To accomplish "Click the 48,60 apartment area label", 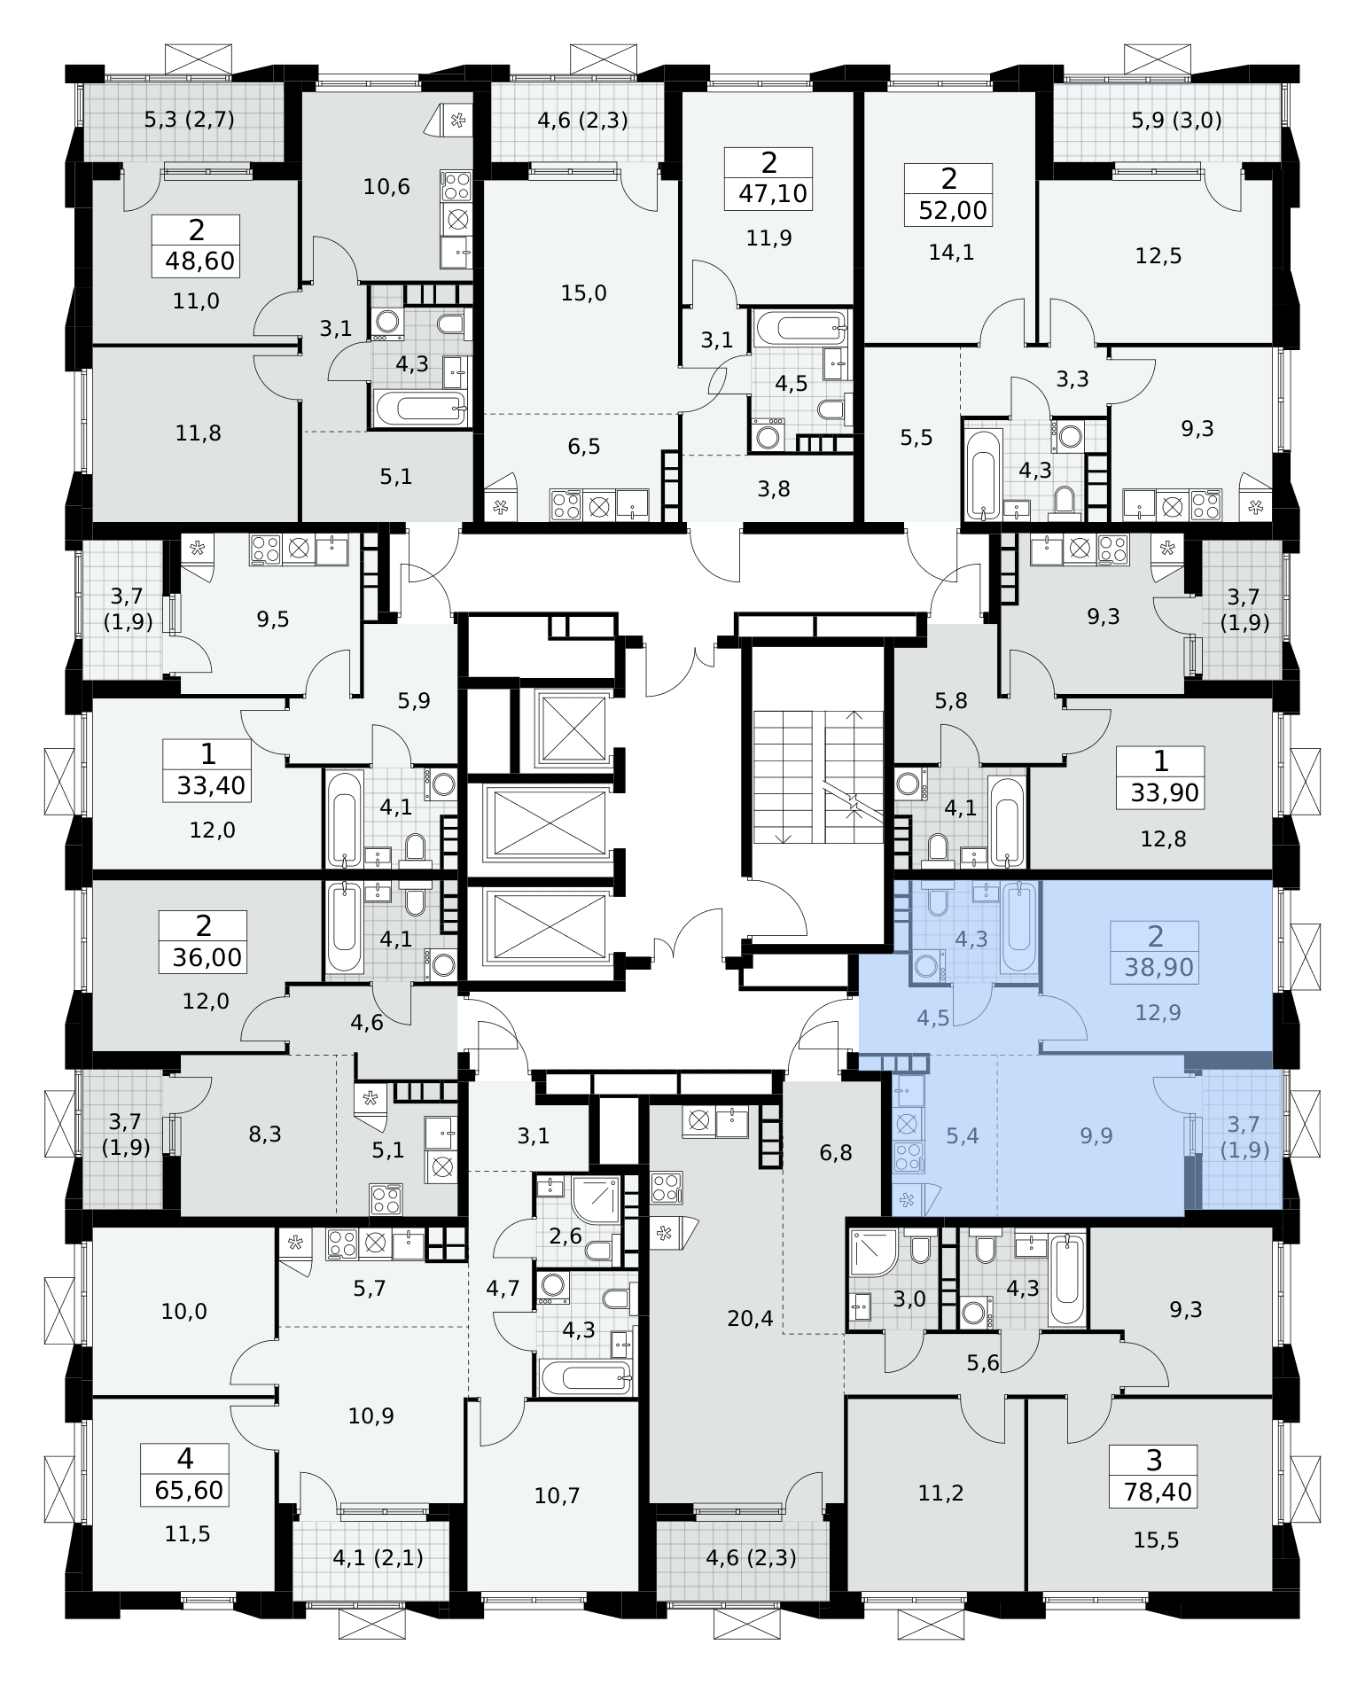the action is click(202, 262).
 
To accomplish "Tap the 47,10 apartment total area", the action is click(774, 194).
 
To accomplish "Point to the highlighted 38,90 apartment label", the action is click(1158, 967).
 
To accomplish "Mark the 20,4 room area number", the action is click(750, 1319).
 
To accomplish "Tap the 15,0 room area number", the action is click(584, 292).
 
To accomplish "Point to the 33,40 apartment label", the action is click(211, 785).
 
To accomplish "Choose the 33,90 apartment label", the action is click(1165, 792).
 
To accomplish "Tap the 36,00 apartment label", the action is click(208, 957).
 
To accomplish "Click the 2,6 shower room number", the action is click(565, 1236).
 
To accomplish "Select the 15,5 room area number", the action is click(1157, 1541).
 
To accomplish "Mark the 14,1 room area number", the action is click(951, 253).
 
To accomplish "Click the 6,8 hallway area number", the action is click(836, 1153).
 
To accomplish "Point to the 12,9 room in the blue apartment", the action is click(1158, 1012).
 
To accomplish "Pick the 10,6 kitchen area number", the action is click(386, 187).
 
